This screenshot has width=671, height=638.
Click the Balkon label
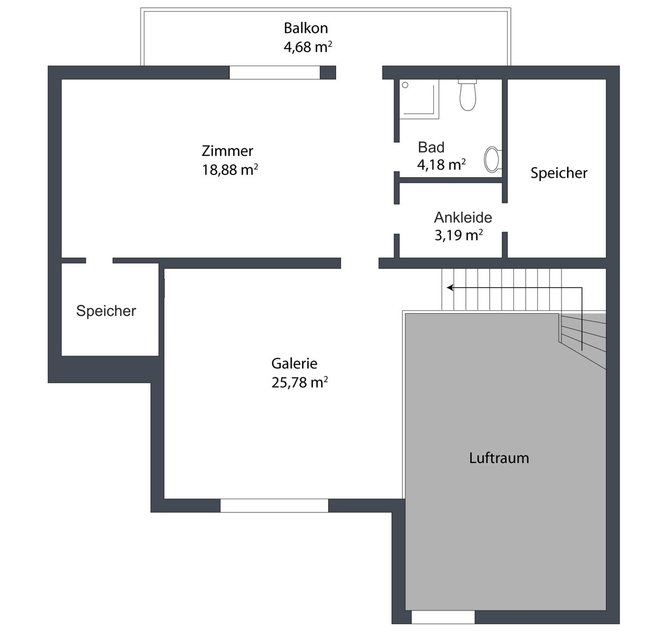click(x=306, y=28)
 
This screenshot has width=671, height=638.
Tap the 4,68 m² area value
click(x=308, y=47)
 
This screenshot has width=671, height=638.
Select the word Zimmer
click(x=228, y=151)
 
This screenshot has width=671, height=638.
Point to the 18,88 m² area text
click(x=230, y=169)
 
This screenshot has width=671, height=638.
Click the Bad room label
click(x=431, y=147)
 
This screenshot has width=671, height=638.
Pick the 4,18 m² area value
click(x=441, y=164)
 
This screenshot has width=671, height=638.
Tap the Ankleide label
click(x=463, y=218)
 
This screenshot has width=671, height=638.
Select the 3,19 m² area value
click(x=459, y=235)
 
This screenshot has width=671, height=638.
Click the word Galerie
click(x=294, y=363)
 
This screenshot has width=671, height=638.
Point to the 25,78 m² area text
click(x=299, y=382)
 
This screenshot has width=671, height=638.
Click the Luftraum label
click(x=499, y=458)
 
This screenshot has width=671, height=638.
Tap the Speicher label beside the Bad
click(x=559, y=173)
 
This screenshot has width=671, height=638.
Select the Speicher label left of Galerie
click(x=106, y=311)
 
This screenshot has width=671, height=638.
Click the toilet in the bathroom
click(x=467, y=95)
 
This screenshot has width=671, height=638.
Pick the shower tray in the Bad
click(x=419, y=99)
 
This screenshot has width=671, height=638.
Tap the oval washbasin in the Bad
click(x=493, y=159)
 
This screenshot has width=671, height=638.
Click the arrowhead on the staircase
click(x=450, y=288)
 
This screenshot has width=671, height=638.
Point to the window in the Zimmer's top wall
click(x=275, y=72)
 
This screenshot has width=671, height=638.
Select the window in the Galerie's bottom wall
click(x=274, y=505)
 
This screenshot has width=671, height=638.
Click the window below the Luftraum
click(x=443, y=617)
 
